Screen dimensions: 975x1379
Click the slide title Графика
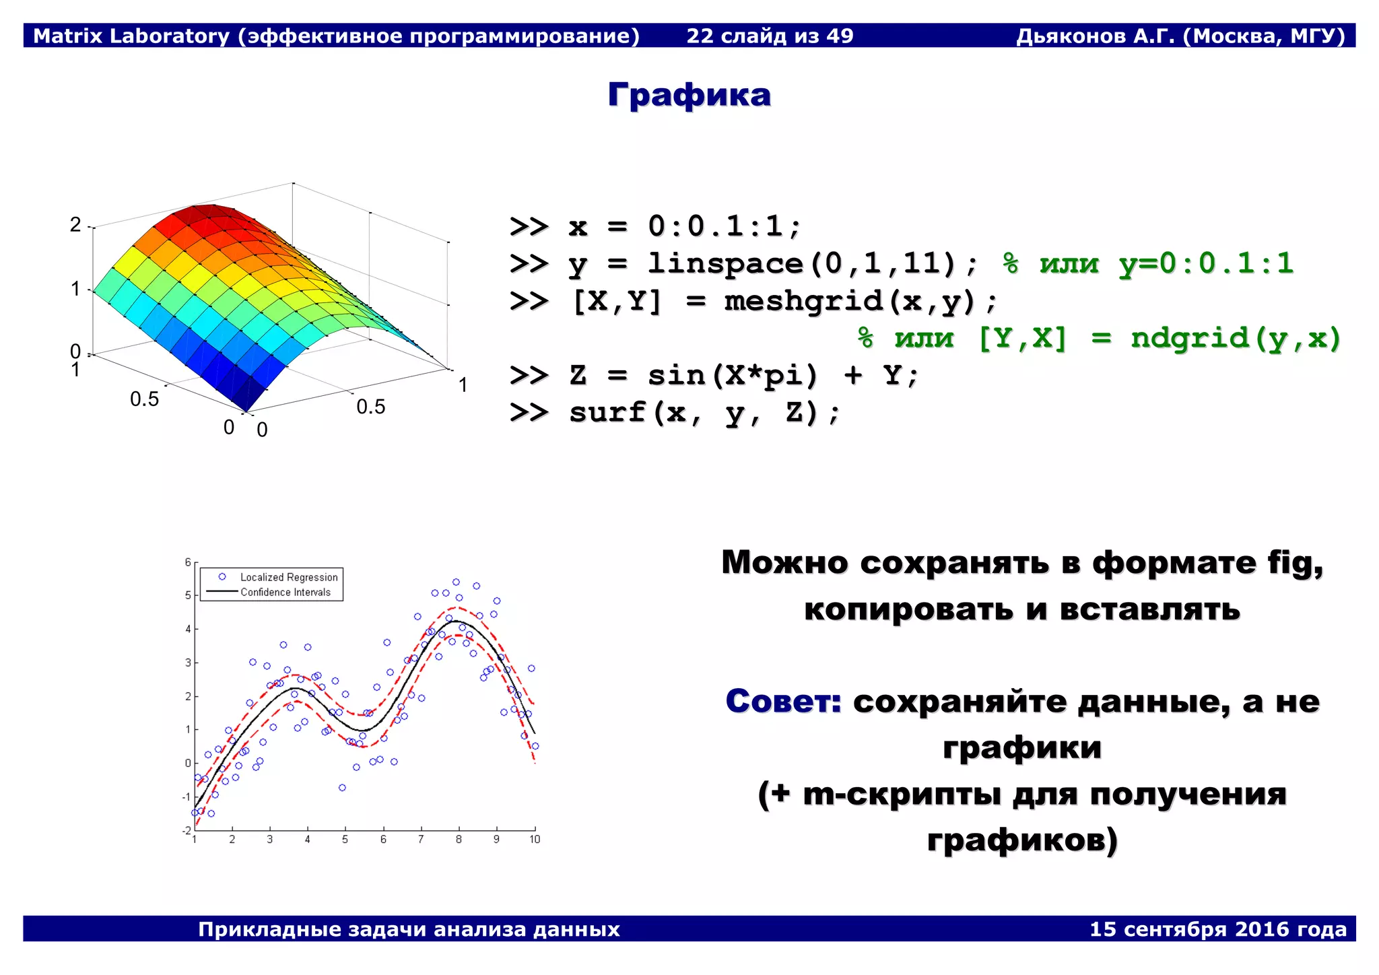pos(689,95)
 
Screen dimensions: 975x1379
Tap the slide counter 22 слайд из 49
pos(770,36)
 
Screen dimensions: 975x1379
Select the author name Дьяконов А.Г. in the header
pos(1095,36)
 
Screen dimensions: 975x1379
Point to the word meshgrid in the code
pos(803,300)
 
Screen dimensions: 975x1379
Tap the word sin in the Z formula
pos(676,375)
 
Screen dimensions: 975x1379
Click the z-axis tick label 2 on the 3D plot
pos(75,225)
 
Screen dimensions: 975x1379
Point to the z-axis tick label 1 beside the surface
pos(75,290)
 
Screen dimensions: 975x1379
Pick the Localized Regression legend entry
pos(288,577)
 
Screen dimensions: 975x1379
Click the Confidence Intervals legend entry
pos(285,593)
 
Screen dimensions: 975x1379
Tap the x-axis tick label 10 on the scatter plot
pos(535,840)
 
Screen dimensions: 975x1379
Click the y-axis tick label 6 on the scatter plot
pos(188,562)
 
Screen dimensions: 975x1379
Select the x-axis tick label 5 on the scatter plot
pos(345,840)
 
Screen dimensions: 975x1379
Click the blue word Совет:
pos(783,702)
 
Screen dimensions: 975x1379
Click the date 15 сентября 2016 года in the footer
pos(1217,929)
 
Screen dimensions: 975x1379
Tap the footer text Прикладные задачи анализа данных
pos(409,929)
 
